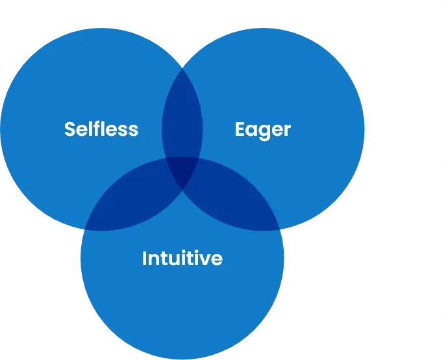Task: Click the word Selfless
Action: tap(101, 129)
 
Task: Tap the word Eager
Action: tap(262, 130)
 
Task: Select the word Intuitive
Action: tap(182, 259)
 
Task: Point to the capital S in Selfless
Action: tap(69, 129)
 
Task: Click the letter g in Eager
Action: tap(264, 132)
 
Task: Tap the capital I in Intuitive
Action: tap(144, 259)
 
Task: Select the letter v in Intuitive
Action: tap(208, 260)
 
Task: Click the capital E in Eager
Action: tap(240, 129)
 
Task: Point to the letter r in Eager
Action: tap(287, 131)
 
